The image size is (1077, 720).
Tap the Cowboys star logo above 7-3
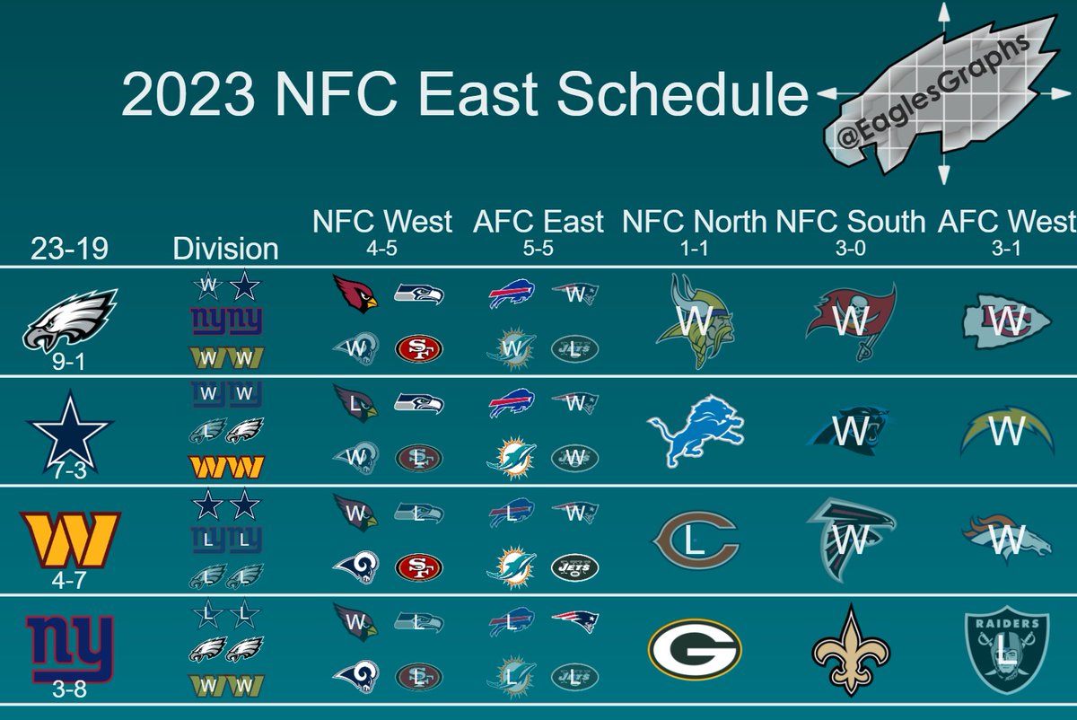[x=70, y=430]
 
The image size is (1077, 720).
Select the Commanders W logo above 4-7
[x=70, y=539]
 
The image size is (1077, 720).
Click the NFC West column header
[x=383, y=221]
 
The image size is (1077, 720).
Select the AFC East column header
[x=539, y=221]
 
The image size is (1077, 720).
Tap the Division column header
[x=225, y=248]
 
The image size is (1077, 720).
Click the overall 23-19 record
[x=69, y=247]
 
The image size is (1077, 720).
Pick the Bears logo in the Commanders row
[x=696, y=540]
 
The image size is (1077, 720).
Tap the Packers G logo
[x=696, y=649]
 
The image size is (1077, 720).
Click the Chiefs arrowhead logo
[x=1005, y=321]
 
